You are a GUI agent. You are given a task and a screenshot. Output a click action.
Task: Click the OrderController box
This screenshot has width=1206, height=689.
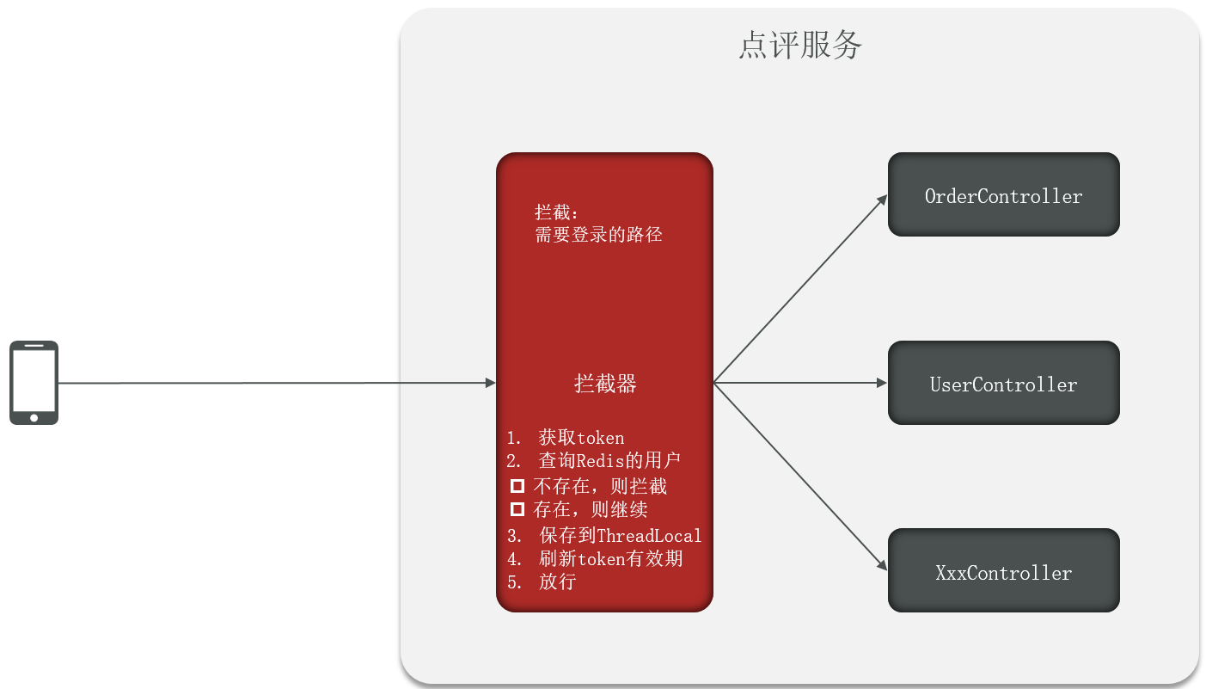(1003, 195)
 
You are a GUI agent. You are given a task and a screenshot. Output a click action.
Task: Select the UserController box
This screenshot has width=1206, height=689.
(1003, 384)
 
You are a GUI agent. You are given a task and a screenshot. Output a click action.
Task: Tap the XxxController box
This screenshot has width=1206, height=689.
(1003, 572)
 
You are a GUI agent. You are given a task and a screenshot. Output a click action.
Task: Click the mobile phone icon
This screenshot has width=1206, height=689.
(34, 383)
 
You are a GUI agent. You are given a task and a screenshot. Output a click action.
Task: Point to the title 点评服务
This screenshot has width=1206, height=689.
(800, 46)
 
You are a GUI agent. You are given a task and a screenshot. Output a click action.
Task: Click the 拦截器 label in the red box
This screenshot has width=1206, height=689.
(605, 384)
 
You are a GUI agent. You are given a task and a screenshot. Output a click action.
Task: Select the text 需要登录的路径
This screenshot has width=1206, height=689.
(598, 234)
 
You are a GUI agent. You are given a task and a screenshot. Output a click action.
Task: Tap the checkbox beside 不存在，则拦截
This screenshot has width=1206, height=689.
(517, 486)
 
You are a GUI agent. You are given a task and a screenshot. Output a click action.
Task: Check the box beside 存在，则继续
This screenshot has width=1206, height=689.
(517, 509)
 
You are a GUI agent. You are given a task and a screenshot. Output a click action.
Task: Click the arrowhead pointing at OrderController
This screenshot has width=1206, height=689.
(883, 198)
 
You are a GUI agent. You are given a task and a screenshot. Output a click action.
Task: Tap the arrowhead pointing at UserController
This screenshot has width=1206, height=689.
(882, 383)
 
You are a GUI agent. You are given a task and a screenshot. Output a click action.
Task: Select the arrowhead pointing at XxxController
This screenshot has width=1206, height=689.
(883, 568)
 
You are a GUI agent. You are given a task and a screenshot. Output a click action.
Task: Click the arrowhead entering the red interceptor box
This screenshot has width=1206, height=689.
(491, 383)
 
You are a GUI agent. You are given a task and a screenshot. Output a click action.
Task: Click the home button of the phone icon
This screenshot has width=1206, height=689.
(34, 417)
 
